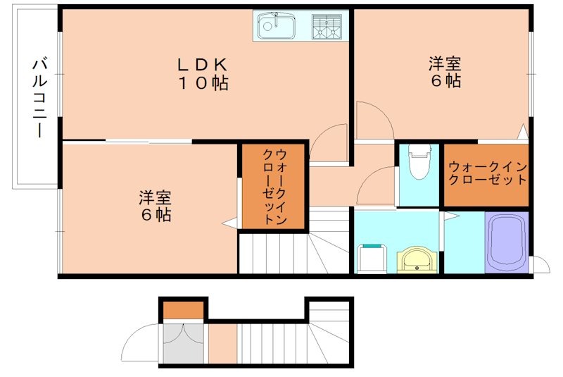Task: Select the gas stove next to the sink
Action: click(327, 27)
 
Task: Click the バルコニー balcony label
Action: click(38, 98)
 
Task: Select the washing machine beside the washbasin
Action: click(372, 257)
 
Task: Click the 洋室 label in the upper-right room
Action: click(445, 64)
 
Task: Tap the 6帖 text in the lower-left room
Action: click(155, 216)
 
